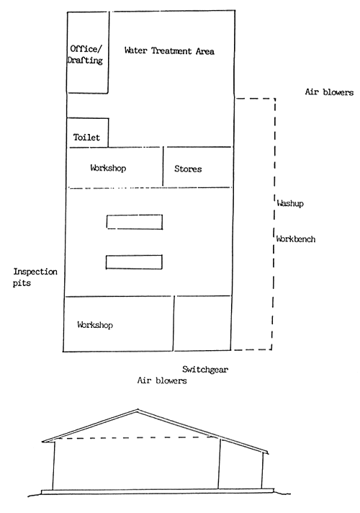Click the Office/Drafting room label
86,55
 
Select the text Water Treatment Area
169,51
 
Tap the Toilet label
86,137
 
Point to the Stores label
188,169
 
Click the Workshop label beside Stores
108,168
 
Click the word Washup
290,204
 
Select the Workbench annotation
296,238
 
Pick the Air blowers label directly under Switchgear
162,380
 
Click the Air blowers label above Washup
329,92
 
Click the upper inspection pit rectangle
135,222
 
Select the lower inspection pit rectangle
135,262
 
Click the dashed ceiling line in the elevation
137,438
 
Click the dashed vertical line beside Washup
274,223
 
